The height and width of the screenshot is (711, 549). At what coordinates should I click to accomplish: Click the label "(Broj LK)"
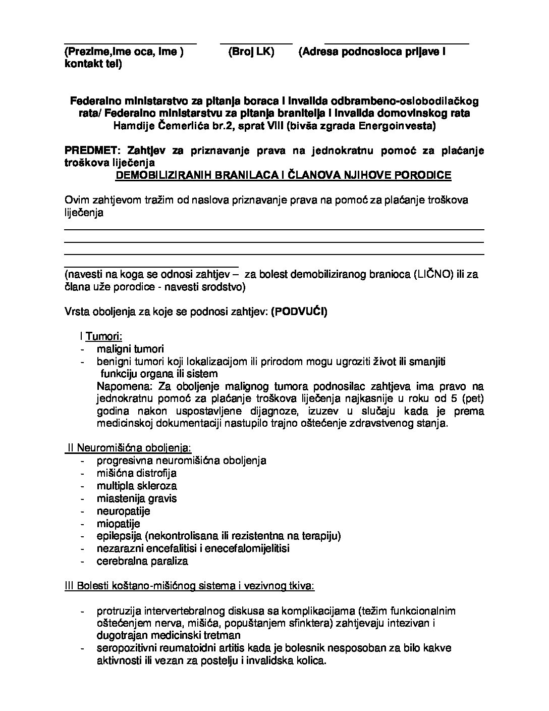click(251, 52)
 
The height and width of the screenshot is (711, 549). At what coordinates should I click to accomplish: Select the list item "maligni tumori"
click(130, 349)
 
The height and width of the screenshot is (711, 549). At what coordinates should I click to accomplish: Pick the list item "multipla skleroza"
click(137, 486)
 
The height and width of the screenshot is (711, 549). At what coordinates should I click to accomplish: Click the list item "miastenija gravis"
click(137, 498)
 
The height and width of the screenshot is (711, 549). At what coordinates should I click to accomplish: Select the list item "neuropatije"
click(124, 511)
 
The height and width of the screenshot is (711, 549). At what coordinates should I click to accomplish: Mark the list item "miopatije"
click(119, 524)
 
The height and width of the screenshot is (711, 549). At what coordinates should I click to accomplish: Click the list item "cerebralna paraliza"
click(142, 561)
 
